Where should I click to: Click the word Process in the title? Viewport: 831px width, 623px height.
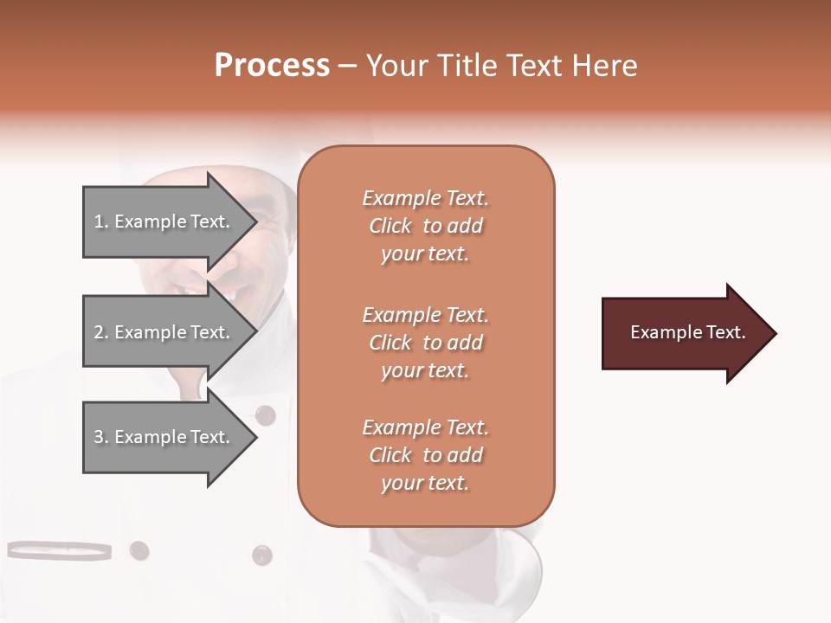tap(272, 66)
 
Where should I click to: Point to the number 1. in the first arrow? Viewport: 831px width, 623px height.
tap(101, 222)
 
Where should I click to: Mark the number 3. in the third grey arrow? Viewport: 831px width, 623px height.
tap(101, 437)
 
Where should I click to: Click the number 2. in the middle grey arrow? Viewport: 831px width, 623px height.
tap(101, 332)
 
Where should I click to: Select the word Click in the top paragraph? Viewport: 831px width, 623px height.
tap(390, 226)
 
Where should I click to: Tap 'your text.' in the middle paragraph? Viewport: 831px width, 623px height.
tap(425, 370)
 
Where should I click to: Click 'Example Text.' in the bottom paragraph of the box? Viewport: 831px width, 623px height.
tap(425, 427)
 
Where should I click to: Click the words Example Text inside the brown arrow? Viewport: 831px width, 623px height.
tap(688, 332)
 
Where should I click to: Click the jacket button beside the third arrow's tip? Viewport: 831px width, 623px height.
tap(266, 414)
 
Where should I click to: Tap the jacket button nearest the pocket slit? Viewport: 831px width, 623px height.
tap(138, 549)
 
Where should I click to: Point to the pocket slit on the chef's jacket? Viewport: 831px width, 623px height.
tap(59, 549)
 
